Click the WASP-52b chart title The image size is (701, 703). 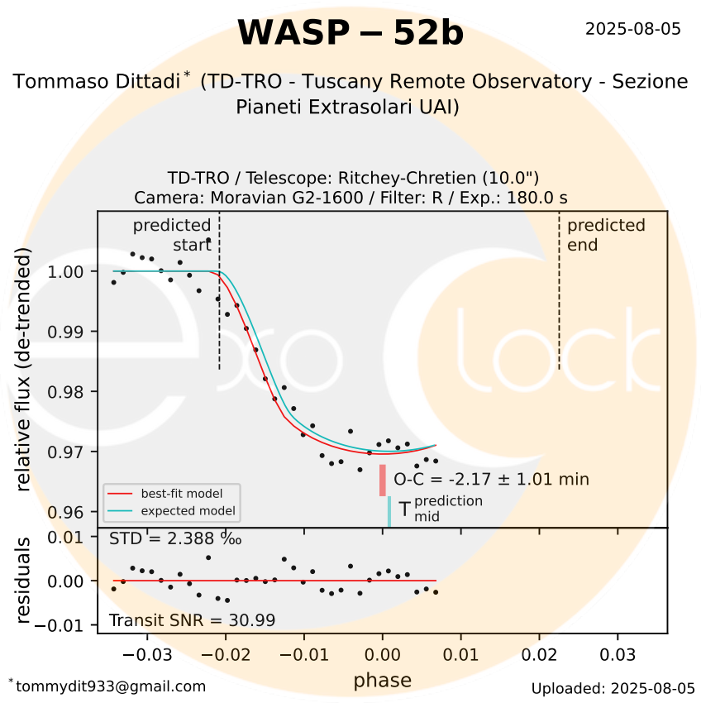(350, 33)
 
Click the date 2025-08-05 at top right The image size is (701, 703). (632, 29)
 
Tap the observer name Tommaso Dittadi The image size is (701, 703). (98, 82)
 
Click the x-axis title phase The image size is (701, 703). (382, 681)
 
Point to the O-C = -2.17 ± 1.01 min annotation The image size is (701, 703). (491, 479)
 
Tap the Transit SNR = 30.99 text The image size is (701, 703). (192, 620)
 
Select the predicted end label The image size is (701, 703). (605, 234)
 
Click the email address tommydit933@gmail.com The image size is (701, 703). (109, 686)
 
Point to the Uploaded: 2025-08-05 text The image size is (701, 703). (613, 688)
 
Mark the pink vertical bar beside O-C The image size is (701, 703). (383, 480)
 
